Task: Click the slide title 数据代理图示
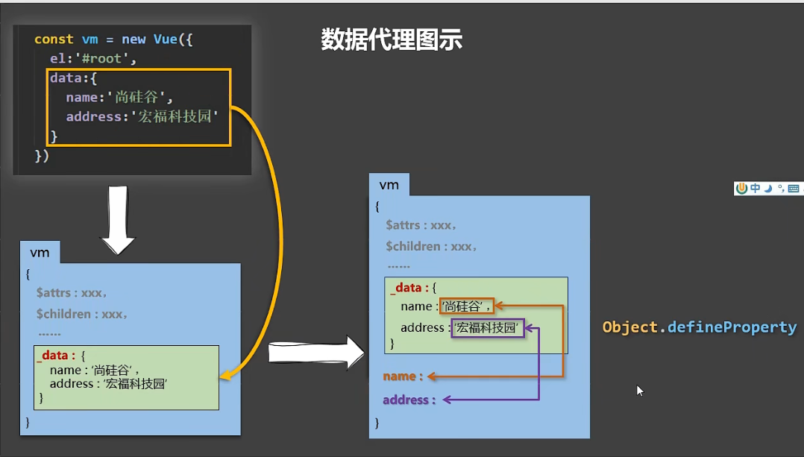coord(392,40)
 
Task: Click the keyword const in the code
coord(54,40)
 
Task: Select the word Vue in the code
coord(165,40)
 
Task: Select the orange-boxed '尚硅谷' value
coord(466,306)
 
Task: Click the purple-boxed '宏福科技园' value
coord(488,328)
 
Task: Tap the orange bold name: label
coord(403,376)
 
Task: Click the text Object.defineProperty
coord(699,327)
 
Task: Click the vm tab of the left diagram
coord(40,253)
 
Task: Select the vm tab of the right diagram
coord(389,185)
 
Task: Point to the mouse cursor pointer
coord(639,389)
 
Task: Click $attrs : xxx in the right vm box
coord(421,224)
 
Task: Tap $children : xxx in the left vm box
coord(81,314)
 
